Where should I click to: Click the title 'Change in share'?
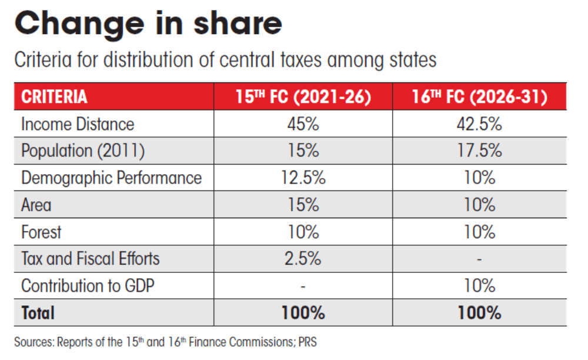click(148, 24)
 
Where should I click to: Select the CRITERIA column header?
click(54, 97)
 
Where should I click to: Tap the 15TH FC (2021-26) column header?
click(304, 97)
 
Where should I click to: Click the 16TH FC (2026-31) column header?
click(480, 97)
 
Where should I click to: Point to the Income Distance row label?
click(78, 124)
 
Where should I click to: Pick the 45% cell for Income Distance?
click(304, 124)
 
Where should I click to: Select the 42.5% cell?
click(480, 124)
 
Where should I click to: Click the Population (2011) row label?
click(83, 151)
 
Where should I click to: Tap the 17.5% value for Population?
click(480, 151)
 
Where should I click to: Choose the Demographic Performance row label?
click(111, 178)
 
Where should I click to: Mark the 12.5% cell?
click(304, 178)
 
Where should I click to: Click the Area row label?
click(36, 205)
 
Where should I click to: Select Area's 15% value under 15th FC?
click(304, 205)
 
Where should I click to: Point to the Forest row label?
click(41, 232)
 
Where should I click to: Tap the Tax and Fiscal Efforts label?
click(90, 258)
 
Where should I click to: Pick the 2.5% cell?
click(304, 258)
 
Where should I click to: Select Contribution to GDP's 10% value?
click(480, 285)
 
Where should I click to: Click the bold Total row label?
click(38, 313)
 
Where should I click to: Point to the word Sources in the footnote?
click(33, 342)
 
